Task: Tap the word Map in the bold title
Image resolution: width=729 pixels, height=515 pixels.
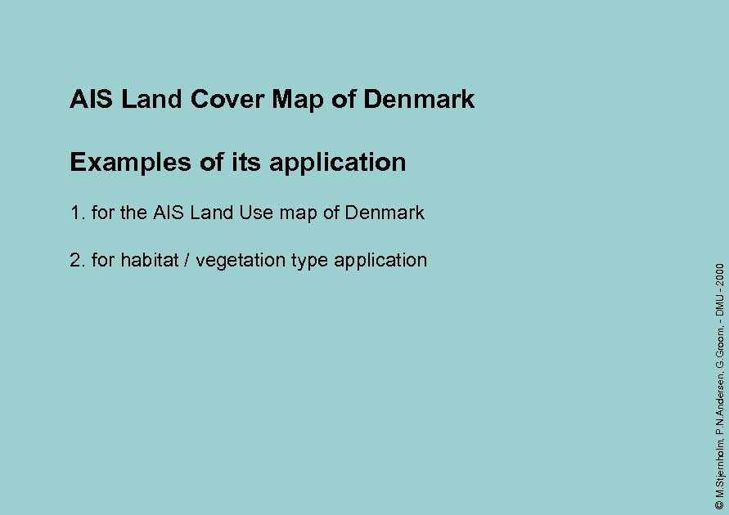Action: (x=299, y=100)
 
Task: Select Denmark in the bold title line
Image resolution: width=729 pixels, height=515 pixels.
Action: (x=419, y=100)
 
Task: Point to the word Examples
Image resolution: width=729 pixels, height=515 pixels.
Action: (x=131, y=162)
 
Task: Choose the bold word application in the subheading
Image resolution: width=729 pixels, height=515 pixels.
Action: (x=337, y=163)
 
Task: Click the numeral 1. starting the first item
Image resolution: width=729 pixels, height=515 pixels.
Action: (x=78, y=213)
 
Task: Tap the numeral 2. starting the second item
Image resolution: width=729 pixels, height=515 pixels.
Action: (x=78, y=261)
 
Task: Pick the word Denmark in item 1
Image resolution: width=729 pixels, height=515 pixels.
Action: (x=385, y=213)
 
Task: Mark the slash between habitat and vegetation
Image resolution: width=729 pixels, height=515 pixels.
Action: (x=187, y=261)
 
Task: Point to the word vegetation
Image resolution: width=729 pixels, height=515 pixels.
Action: (x=233, y=262)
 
